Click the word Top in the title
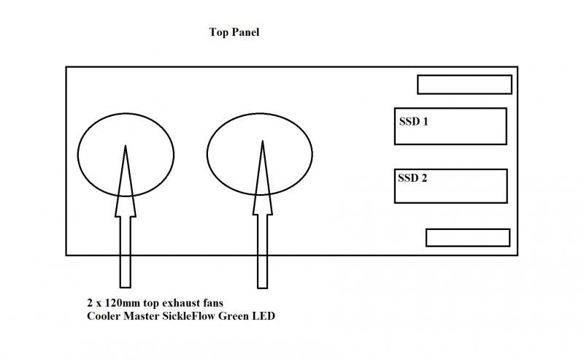point(218,33)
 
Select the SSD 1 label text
point(413,120)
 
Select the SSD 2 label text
point(413,177)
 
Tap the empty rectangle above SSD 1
point(464,85)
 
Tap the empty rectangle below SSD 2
point(467,237)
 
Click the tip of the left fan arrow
point(126,147)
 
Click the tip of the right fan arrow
point(261,143)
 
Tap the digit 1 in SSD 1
point(425,120)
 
